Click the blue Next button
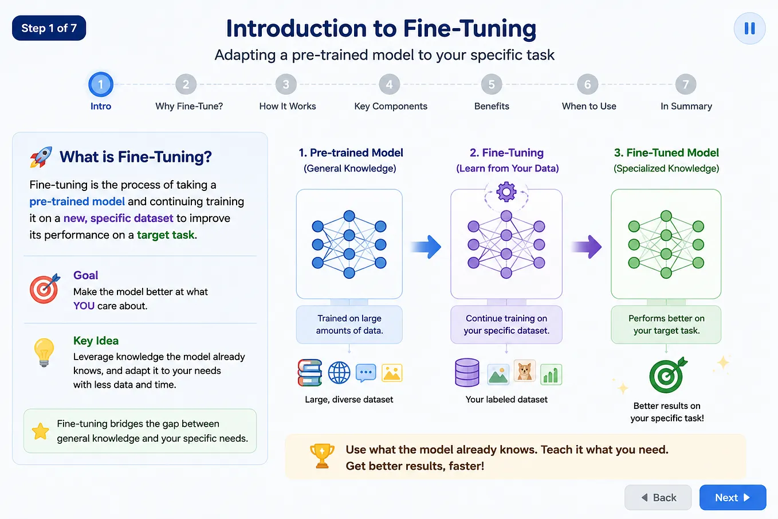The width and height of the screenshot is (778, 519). point(733,497)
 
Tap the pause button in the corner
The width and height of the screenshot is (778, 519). point(749,29)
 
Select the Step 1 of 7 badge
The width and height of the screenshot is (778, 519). point(49,28)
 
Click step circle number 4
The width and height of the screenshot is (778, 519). point(389,84)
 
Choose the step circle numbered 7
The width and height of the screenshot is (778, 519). point(686,84)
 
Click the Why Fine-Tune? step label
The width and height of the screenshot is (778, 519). point(189,106)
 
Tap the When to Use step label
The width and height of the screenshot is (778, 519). point(589,106)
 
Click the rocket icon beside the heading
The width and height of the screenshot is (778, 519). point(41,157)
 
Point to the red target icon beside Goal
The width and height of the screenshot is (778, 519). point(45,288)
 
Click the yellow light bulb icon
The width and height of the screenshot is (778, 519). point(44,352)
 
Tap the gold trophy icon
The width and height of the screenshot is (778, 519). point(322,456)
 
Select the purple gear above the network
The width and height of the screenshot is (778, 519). point(506,192)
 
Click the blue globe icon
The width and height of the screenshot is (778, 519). point(339,372)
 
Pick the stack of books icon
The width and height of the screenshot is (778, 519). point(310,372)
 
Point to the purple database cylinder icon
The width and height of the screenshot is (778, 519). point(467,372)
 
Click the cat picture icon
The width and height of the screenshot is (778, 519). point(524,370)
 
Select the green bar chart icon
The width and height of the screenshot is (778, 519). point(551,374)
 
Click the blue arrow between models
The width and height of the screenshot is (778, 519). point(426,247)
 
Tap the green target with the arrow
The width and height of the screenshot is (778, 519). point(668,374)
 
